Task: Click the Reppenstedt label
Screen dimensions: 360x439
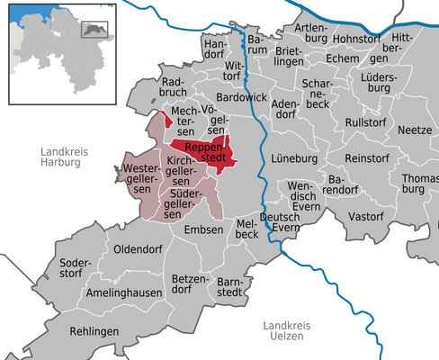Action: point(202,150)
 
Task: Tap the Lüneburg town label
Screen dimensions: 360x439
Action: point(294,158)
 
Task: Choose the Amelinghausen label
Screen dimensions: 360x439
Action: point(125,293)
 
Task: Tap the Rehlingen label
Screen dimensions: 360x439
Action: point(93,331)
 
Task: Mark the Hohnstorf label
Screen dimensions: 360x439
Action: point(357,40)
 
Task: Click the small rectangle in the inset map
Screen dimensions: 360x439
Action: point(94,29)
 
